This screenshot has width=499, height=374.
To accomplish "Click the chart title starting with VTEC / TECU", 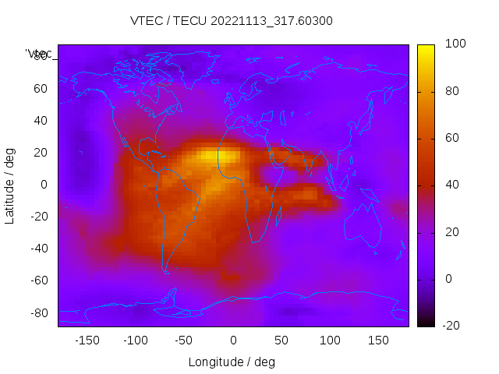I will click(x=232, y=21).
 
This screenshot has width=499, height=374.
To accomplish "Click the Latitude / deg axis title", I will click(x=10, y=185).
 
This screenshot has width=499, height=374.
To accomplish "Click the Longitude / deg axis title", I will click(x=232, y=362).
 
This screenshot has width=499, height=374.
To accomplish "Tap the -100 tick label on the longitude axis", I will click(x=135, y=340).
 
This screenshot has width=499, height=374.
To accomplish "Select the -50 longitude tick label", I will click(x=184, y=340).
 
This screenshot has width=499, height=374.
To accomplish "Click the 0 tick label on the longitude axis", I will click(x=233, y=340).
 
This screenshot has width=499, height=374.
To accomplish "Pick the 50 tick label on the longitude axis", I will click(x=281, y=340).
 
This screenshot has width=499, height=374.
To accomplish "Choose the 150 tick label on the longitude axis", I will click(x=379, y=340).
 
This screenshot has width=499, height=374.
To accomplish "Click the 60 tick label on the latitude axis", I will click(x=40, y=89).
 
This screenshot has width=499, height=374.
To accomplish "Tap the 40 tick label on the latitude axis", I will click(x=40, y=121).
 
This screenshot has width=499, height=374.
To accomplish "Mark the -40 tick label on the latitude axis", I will click(x=37, y=249).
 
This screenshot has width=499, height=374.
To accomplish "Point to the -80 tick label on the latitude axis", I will click(x=37, y=312).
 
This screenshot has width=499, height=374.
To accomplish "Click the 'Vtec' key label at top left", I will click(x=39, y=54).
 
